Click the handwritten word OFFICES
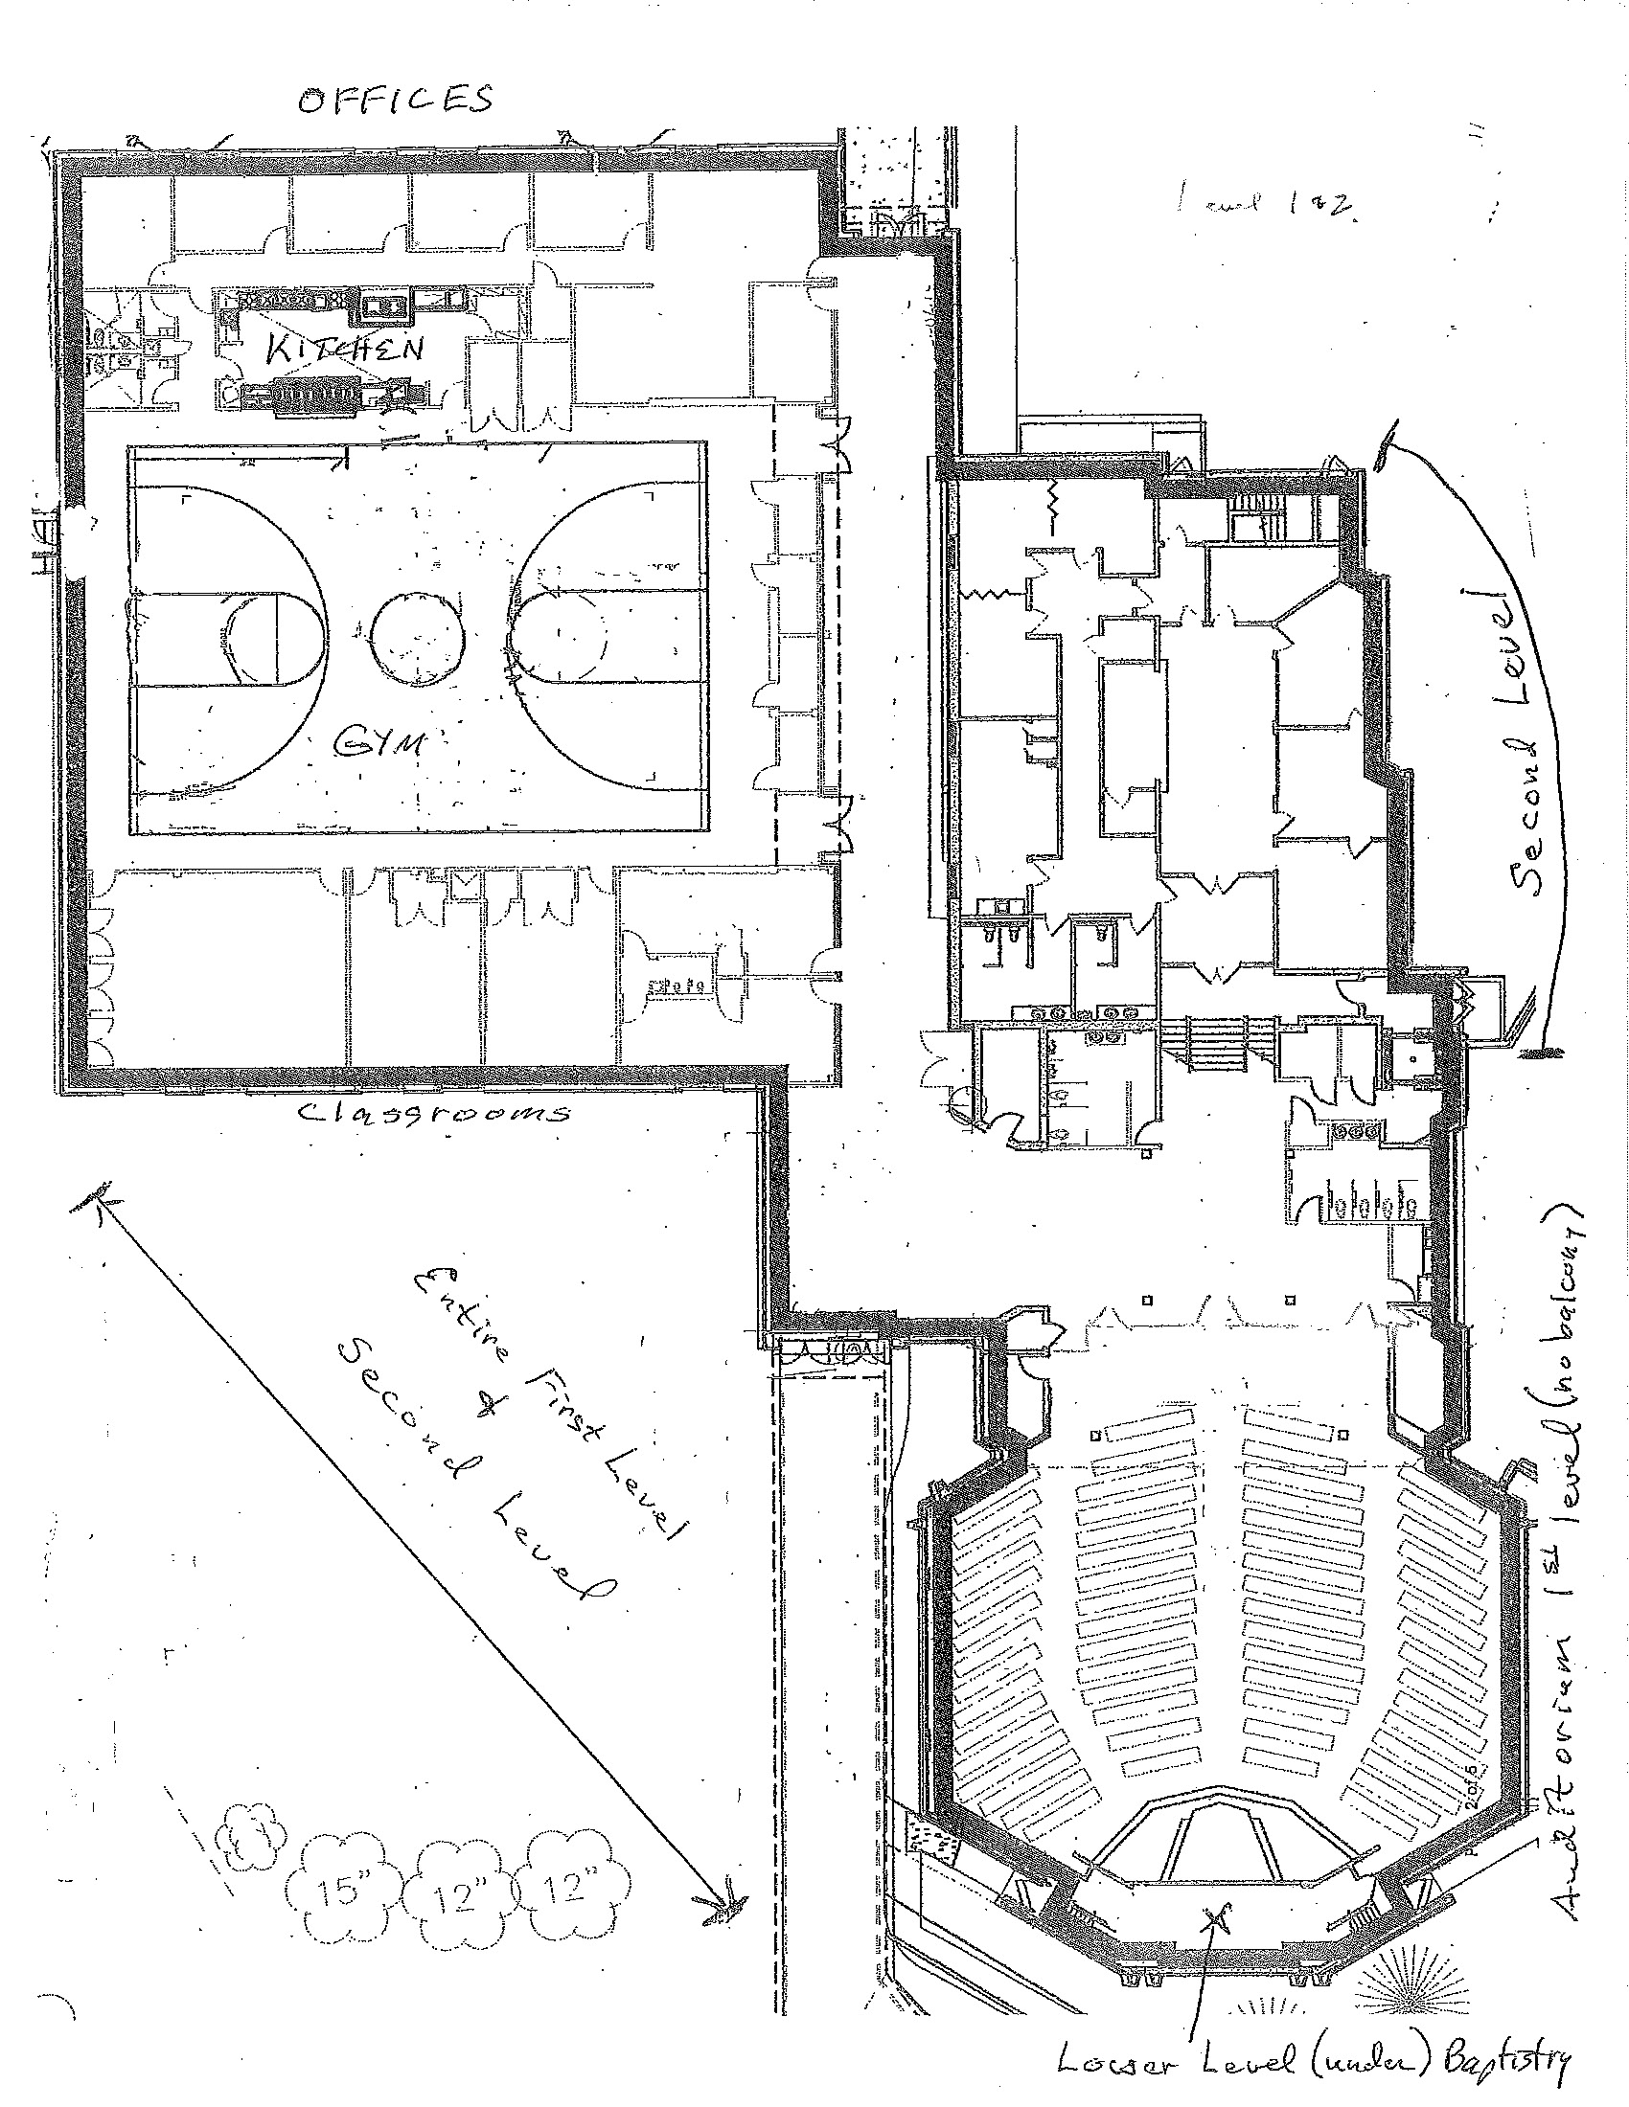point(395,101)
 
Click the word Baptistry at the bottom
point(1504,2064)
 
